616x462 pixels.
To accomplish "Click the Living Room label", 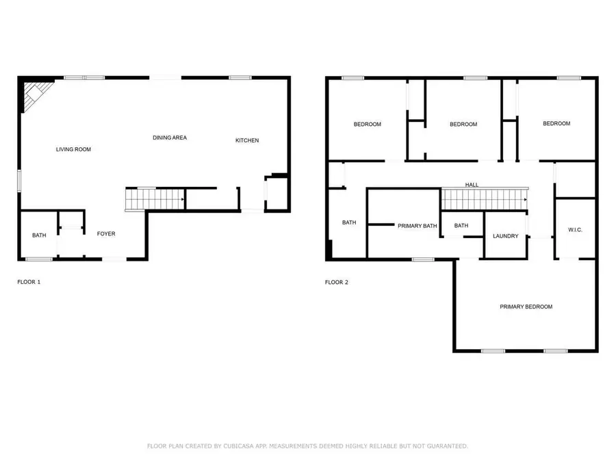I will (73, 149).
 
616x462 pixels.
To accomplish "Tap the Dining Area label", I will (169, 138).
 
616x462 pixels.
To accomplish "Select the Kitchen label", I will (247, 140).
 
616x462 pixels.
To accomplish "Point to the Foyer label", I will (106, 234).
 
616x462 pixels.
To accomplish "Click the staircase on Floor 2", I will (485, 200).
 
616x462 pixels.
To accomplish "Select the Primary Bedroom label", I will (526, 307).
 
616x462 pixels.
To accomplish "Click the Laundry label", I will (506, 236).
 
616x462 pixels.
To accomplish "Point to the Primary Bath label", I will (418, 226).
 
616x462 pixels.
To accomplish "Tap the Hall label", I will (472, 185).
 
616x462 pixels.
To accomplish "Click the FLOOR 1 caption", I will (29, 282).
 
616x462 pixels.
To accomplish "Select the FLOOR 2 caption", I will (337, 282).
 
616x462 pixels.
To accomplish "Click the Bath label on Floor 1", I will (39, 235).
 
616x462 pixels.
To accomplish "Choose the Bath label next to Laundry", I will (461, 226).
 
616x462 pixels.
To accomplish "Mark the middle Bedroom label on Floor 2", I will (463, 125).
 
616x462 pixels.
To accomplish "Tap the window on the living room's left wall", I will (19, 180).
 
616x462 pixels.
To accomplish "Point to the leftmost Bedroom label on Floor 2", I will (368, 125).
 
